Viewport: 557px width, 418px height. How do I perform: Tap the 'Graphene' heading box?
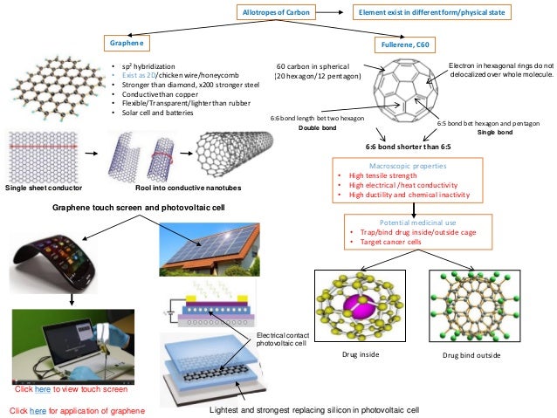(126, 42)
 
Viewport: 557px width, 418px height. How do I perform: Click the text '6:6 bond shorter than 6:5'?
(407, 147)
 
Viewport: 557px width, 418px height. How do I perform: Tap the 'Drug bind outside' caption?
(471, 357)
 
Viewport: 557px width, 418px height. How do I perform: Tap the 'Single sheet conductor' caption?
(43, 188)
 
